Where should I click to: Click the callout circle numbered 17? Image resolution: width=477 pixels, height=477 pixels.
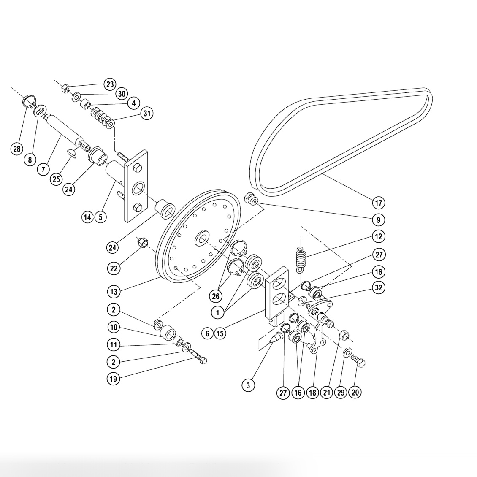pyautogui.click(x=378, y=203)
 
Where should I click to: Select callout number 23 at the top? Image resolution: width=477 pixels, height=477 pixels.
pyautogui.click(x=110, y=84)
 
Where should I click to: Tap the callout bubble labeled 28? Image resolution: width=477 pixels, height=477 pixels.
pyautogui.click(x=16, y=149)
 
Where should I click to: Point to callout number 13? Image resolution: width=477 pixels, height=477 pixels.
pyautogui.click(x=113, y=291)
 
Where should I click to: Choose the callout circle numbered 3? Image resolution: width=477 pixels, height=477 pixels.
pyautogui.click(x=248, y=385)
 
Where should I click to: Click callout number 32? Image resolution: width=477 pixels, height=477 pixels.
pyautogui.click(x=378, y=287)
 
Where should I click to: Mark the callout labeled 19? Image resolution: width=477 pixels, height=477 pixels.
pyautogui.click(x=113, y=379)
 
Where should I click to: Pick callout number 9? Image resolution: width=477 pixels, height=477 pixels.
pyautogui.click(x=378, y=220)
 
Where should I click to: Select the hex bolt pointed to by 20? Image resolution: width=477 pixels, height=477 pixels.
pyautogui.click(x=358, y=362)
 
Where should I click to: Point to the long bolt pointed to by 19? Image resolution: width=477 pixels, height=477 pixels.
pyautogui.click(x=198, y=355)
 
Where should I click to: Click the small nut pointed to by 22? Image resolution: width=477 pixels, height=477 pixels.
pyautogui.click(x=143, y=242)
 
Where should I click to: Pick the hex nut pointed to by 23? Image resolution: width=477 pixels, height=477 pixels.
pyautogui.click(x=66, y=89)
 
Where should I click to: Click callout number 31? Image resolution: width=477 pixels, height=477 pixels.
pyautogui.click(x=147, y=114)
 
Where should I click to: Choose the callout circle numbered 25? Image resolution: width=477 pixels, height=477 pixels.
pyautogui.click(x=56, y=179)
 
